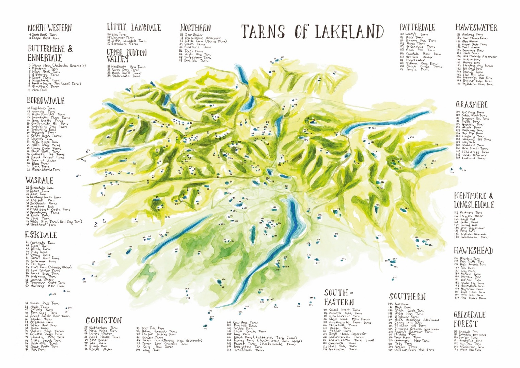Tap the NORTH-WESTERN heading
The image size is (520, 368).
pyautogui.click(x=50, y=28)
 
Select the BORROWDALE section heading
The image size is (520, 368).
pyautogui.click(x=46, y=101)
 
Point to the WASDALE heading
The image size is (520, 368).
pyautogui.click(x=39, y=180)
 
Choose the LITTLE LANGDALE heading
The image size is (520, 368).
pyautogui.click(x=133, y=27)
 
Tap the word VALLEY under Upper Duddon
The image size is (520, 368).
pyautogui.click(x=118, y=59)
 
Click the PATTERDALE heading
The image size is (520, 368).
pyautogui.click(x=417, y=27)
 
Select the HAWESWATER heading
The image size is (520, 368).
pyautogui.click(x=476, y=28)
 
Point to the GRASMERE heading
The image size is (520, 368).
pyautogui.click(x=471, y=105)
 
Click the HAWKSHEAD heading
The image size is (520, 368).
pyautogui.click(x=473, y=251)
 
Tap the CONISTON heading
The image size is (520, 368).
pyautogui.click(x=104, y=321)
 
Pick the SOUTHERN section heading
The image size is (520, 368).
pyautogui.click(x=407, y=296)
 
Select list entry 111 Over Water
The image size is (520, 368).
pyautogui.click(x=192, y=34)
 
